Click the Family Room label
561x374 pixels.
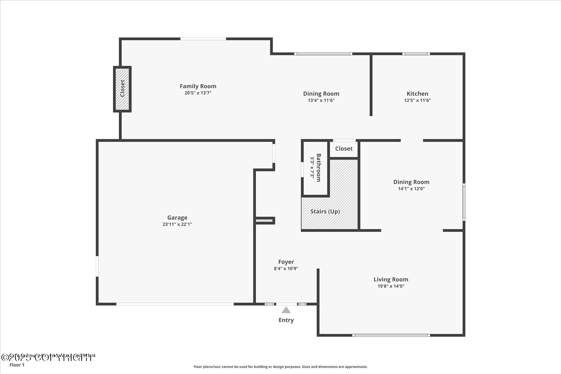pyautogui.click(x=198, y=86)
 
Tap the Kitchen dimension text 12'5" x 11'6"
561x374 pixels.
pyautogui.click(x=417, y=100)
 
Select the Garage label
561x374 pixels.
pyautogui.click(x=177, y=218)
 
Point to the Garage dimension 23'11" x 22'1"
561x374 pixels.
pyautogui.click(x=177, y=224)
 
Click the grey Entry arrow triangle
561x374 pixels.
pyautogui.click(x=286, y=310)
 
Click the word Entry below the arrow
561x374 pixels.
pyautogui.click(x=286, y=320)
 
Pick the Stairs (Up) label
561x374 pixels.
pyautogui.click(x=325, y=211)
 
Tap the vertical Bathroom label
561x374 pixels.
pyautogui.click(x=318, y=168)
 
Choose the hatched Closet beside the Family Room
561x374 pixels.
pyautogui.click(x=122, y=89)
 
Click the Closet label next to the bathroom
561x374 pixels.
pyautogui.click(x=344, y=149)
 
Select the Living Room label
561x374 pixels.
pyautogui.click(x=391, y=279)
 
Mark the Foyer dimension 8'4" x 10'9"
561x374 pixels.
pyautogui.click(x=286, y=269)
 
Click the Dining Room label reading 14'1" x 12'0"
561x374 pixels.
pyautogui.click(x=411, y=182)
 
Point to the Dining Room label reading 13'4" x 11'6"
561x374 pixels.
pyautogui.click(x=321, y=94)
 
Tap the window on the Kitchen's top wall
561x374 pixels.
pyautogui.click(x=416, y=54)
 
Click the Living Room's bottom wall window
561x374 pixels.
pyautogui.click(x=391, y=335)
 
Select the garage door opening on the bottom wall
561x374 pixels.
pyautogui.click(x=175, y=304)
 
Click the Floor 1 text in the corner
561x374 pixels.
pyautogui.click(x=17, y=365)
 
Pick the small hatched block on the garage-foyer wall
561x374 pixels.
pyautogui.click(x=264, y=221)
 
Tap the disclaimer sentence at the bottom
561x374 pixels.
pyautogui.click(x=280, y=367)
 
